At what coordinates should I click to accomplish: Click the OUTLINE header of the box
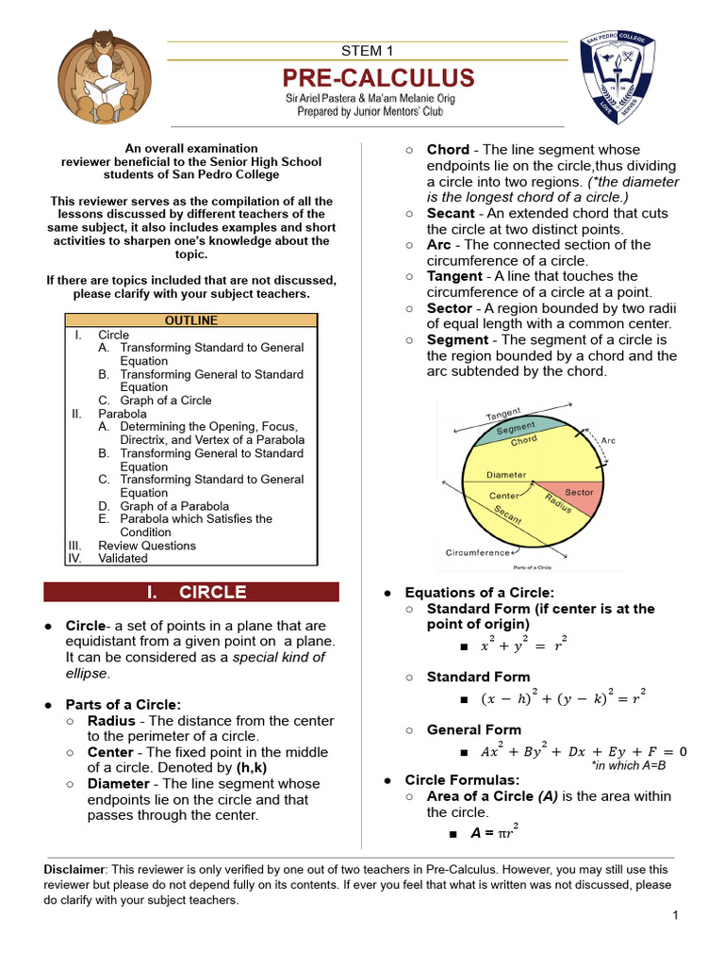pyautogui.click(x=191, y=321)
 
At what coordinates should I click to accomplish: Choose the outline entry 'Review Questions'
pyautogui.click(x=147, y=546)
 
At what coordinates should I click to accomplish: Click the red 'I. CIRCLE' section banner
pyautogui.click(x=191, y=592)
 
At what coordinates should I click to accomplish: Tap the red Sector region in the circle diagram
pyautogui.click(x=575, y=497)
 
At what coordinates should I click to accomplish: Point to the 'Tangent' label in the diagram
pyautogui.click(x=503, y=415)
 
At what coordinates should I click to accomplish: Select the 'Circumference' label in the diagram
pyautogui.click(x=476, y=553)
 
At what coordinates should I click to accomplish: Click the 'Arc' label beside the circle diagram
pyautogui.click(x=608, y=440)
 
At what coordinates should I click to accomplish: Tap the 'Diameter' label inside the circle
pyautogui.click(x=506, y=475)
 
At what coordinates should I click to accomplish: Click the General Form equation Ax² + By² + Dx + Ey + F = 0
pyautogui.click(x=584, y=751)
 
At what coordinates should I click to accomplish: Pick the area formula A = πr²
pyautogui.click(x=495, y=832)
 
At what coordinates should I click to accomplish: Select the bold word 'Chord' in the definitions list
pyautogui.click(x=448, y=150)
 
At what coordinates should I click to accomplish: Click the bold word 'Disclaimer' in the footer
pyautogui.click(x=75, y=870)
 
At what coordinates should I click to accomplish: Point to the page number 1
pyautogui.click(x=676, y=916)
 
